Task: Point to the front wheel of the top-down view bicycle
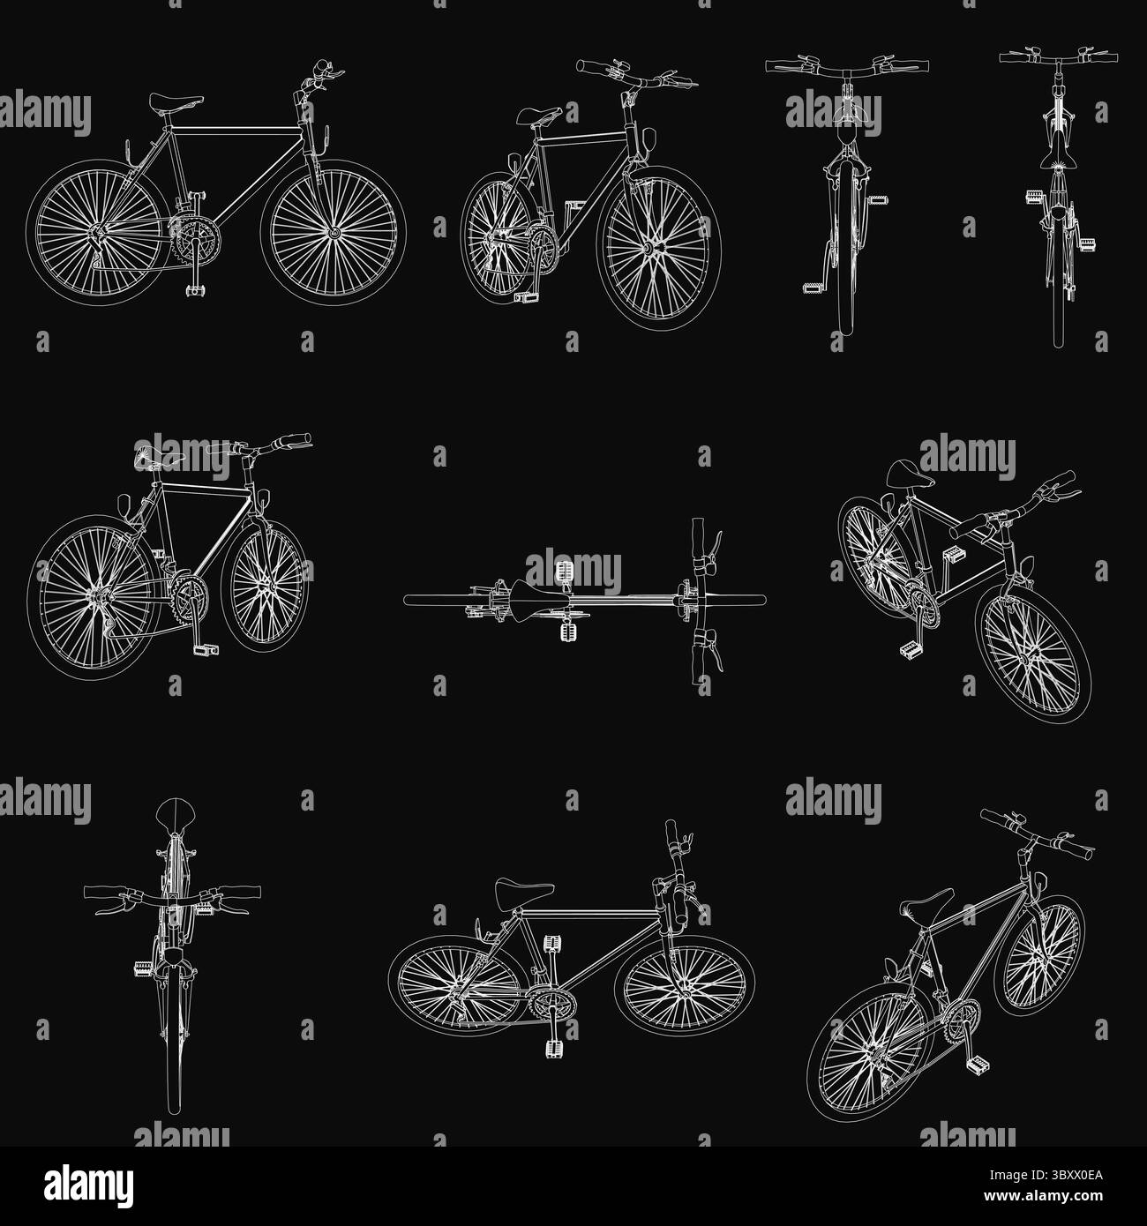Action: pyautogui.click(x=735, y=600)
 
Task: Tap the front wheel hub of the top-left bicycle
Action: pyautogui.click(x=334, y=233)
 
